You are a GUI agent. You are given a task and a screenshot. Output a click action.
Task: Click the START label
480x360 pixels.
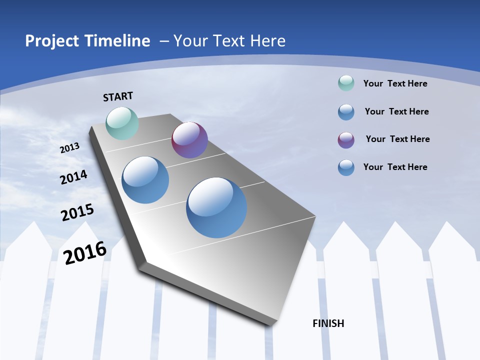tap(118, 96)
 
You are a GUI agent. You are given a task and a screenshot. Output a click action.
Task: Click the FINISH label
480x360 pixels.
tap(328, 323)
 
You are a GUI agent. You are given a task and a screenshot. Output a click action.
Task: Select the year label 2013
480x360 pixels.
tap(70, 148)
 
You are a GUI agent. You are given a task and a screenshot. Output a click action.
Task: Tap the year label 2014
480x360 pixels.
tap(73, 177)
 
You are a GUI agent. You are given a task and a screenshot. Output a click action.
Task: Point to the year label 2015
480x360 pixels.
tap(77, 212)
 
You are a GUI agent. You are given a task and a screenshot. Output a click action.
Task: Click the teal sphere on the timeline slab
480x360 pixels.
tap(122, 123)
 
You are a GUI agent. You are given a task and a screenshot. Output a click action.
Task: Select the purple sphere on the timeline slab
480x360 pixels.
tap(189, 140)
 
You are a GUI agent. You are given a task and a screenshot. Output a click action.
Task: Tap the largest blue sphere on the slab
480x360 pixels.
tap(216, 207)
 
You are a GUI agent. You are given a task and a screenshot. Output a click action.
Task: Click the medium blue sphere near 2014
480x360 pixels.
tap(145, 180)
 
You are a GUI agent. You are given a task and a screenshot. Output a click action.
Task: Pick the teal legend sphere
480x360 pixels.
tap(346, 83)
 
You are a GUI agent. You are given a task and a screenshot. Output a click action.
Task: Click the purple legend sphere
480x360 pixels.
tap(346, 140)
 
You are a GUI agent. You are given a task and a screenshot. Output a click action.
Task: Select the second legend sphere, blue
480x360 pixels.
tap(346, 112)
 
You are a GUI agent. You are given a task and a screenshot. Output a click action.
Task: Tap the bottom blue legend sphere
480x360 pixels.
tap(346, 167)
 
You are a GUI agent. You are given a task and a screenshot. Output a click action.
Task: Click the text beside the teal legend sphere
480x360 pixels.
tap(395, 83)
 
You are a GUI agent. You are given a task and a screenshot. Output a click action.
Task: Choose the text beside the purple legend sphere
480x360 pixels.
tap(397, 139)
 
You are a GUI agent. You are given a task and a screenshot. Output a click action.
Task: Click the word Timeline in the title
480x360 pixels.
tap(118, 41)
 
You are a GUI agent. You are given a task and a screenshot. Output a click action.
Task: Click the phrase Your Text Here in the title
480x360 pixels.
tap(229, 41)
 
